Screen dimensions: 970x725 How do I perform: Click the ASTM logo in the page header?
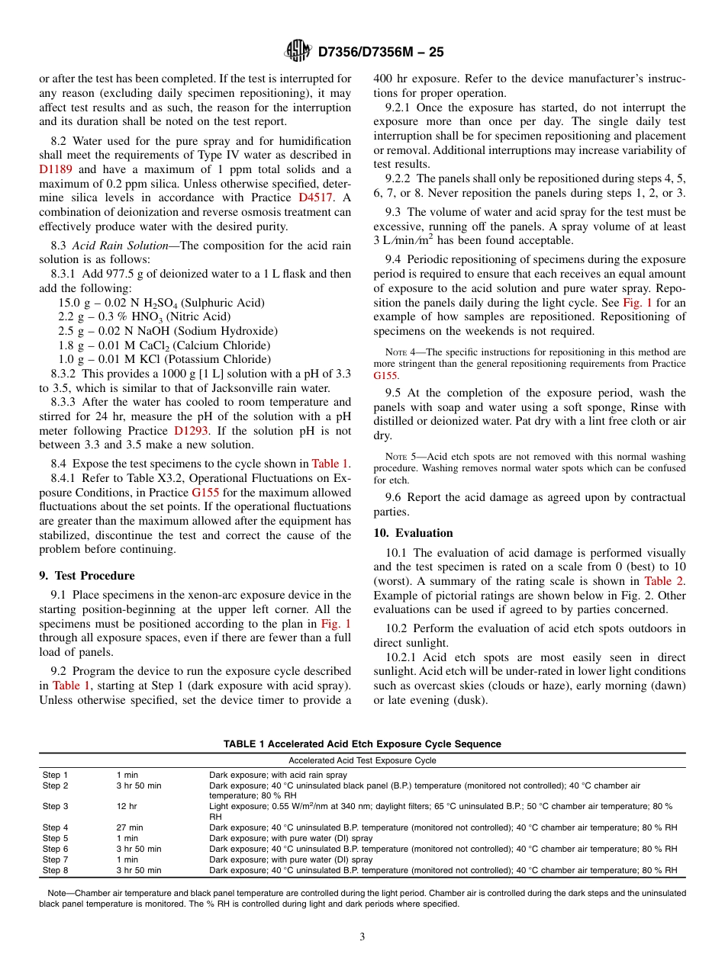coord(296,51)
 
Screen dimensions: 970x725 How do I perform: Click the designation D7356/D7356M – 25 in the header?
coord(380,52)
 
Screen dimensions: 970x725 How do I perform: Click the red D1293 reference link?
coord(190,430)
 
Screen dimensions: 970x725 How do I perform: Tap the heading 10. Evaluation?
coord(413,533)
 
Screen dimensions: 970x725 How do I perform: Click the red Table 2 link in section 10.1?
coord(665,581)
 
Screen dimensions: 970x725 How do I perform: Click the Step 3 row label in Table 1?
coord(55,806)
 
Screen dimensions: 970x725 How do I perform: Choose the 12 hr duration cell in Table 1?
coord(127,806)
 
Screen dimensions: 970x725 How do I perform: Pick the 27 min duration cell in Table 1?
coord(130,827)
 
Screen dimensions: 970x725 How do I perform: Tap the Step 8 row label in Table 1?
coord(55,870)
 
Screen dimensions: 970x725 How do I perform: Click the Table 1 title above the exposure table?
coord(362,744)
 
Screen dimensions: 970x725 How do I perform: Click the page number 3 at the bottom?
coord(362,937)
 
